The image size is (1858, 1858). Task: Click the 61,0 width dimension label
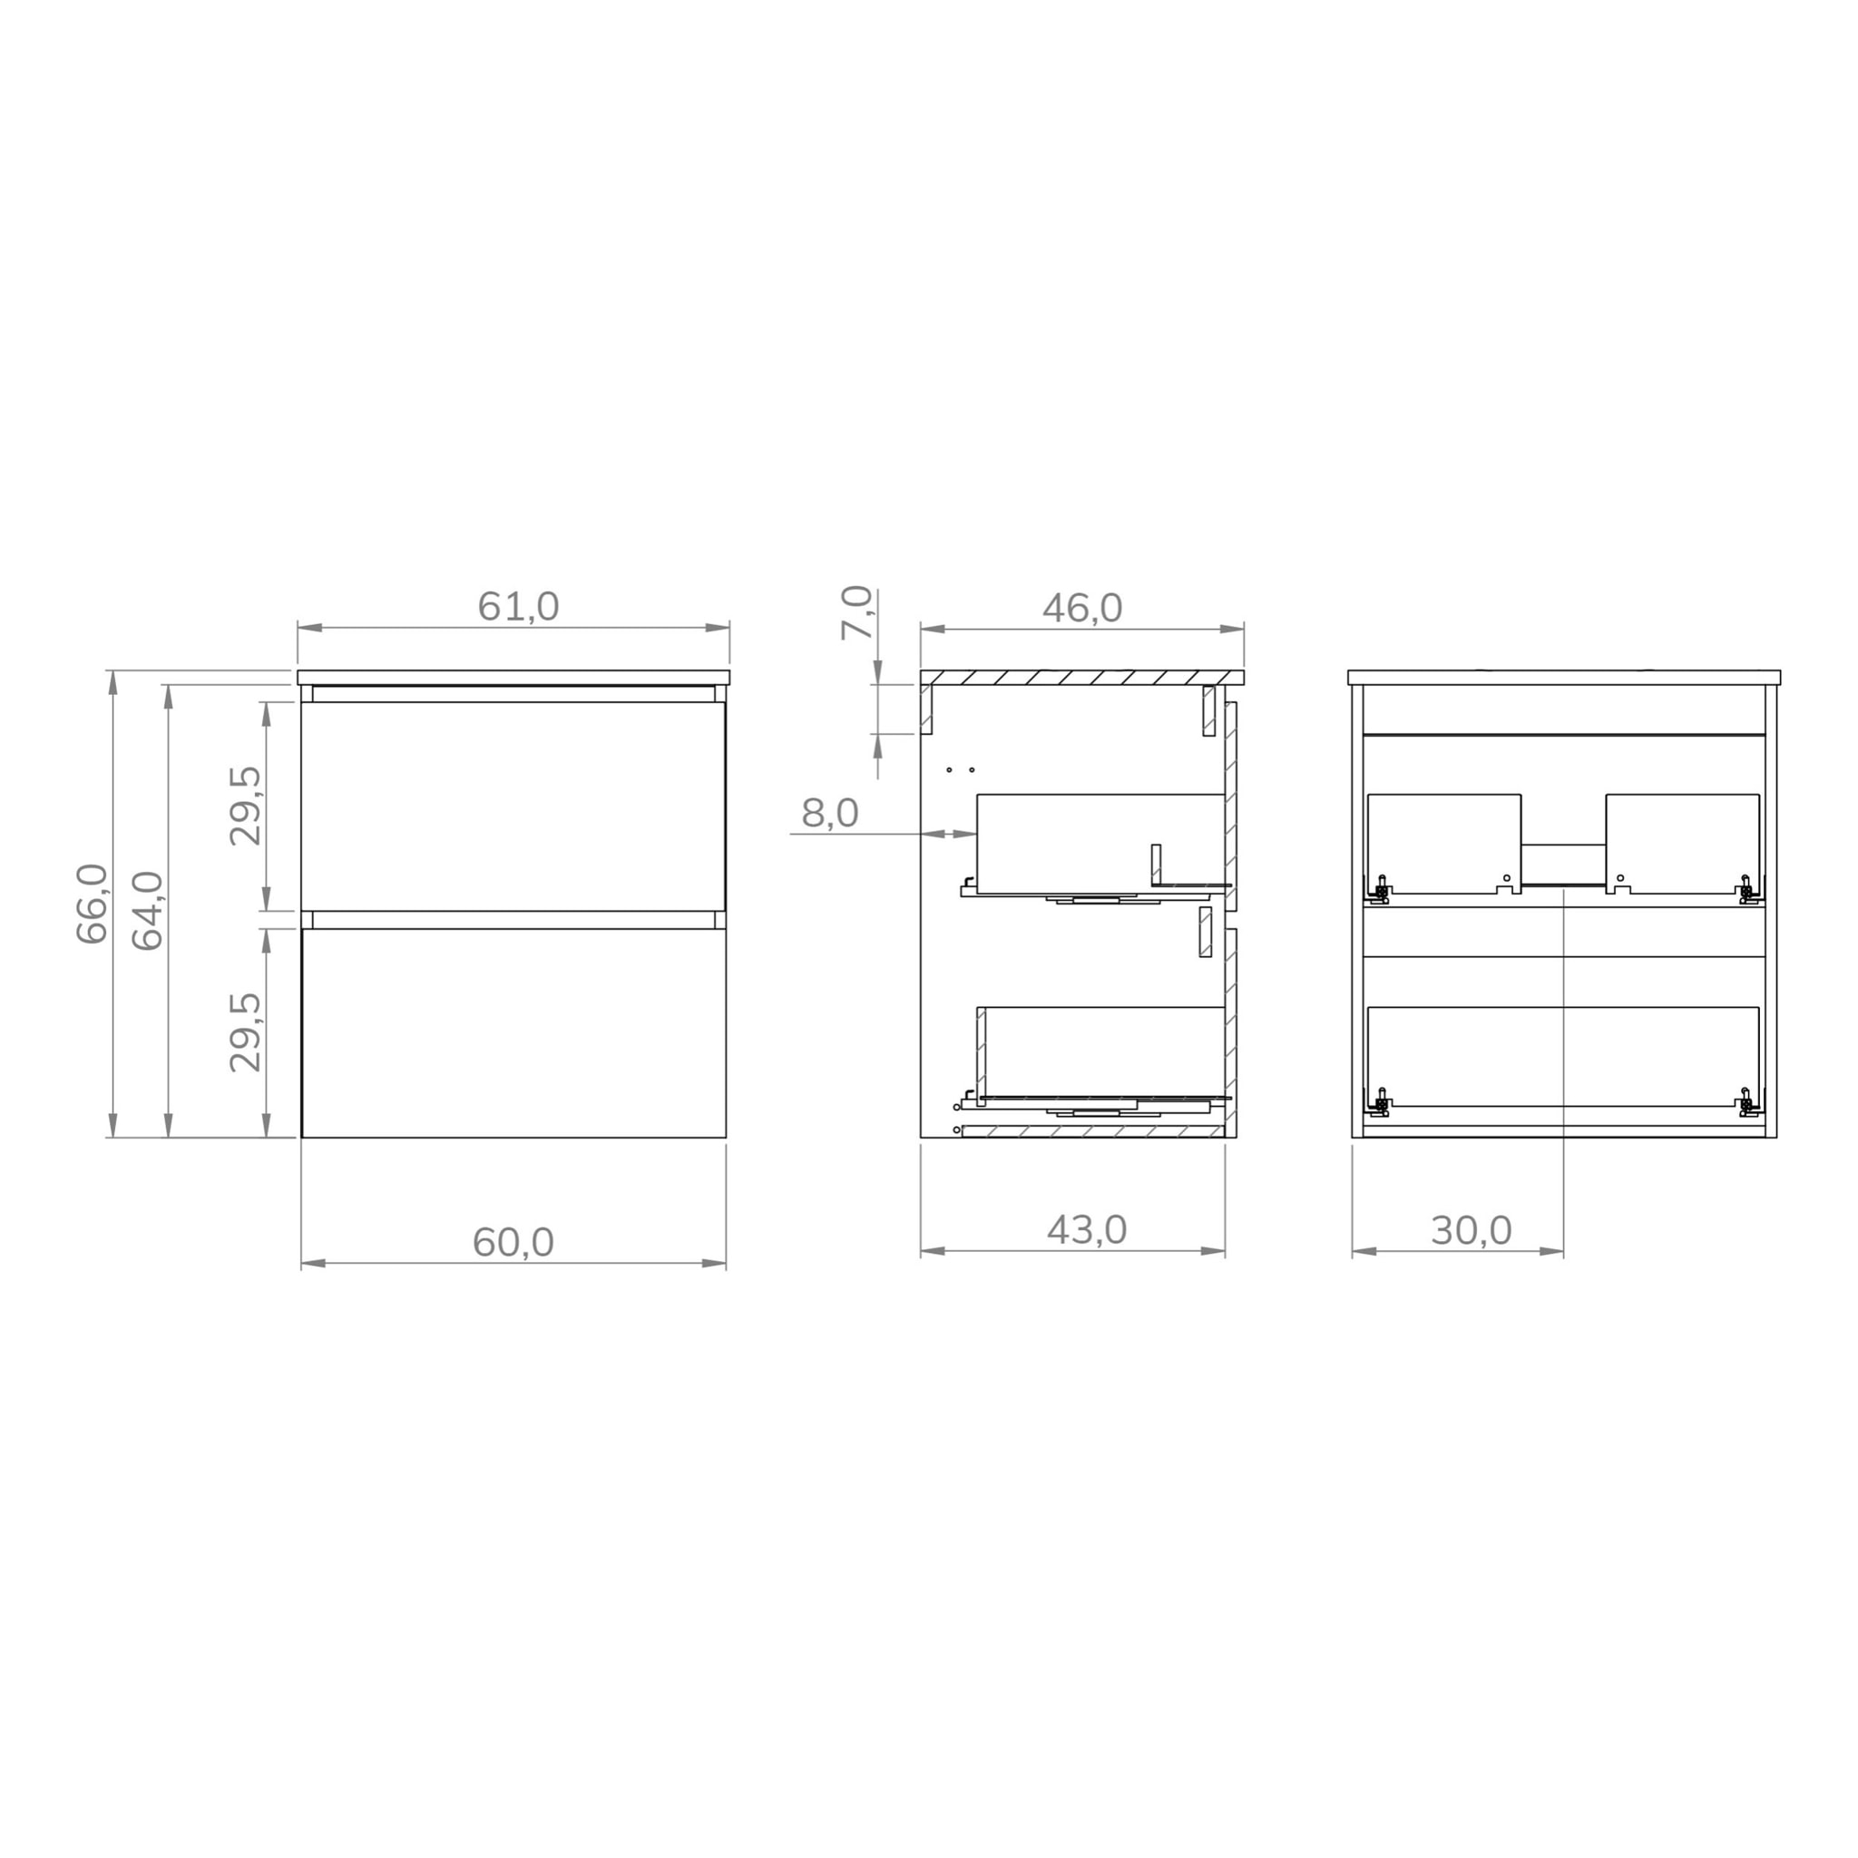pyautogui.click(x=517, y=607)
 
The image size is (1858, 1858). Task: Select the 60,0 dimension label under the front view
pyautogui.click(x=513, y=1243)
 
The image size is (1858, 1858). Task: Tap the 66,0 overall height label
pyautogui.click(x=93, y=903)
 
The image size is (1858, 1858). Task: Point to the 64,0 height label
pyautogui.click(x=148, y=910)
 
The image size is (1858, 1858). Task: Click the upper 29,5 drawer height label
pyautogui.click(x=245, y=805)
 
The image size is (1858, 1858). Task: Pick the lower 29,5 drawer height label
pyautogui.click(x=245, y=1032)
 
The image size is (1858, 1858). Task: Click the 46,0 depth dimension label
pyautogui.click(x=1082, y=608)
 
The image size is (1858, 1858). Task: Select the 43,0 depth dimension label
pyautogui.click(x=1086, y=1230)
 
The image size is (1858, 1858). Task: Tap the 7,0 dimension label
pyautogui.click(x=856, y=612)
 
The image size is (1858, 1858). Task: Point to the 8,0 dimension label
pyautogui.click(x=829, y=814)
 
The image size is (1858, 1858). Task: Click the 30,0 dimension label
pyautogui.click(x=1471, y=1231)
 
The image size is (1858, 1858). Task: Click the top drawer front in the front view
pyautogui.click(x=513, y=806)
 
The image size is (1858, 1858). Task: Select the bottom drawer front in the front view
pyautogui.click(x=513, y=1032)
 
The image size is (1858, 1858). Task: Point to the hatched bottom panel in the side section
pyautogui.click(x=1092, y=1132)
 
